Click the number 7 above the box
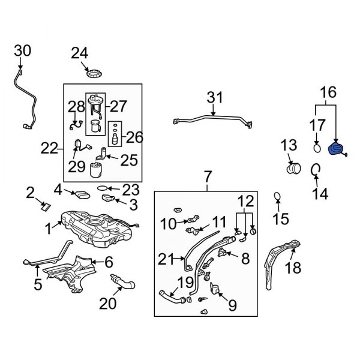click(208, 176)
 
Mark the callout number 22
click(50, 148)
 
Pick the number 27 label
click(118, 107)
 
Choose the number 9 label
click(232, 306)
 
